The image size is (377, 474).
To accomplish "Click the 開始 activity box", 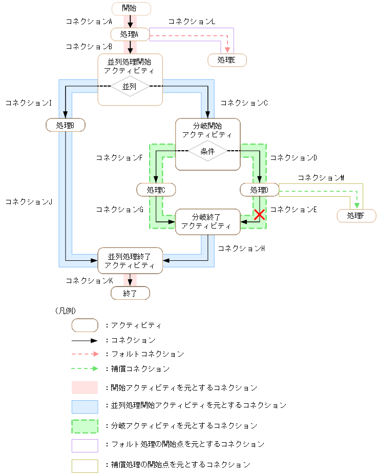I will (131, 8).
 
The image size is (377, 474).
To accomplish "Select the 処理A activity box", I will (130, 34).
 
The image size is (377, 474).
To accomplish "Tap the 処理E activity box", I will (227, 60).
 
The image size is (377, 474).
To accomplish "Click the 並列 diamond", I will (130, 87).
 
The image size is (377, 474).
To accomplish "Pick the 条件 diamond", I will (207, 151).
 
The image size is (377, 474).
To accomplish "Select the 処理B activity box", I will (65, 125).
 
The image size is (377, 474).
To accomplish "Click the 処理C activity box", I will (156, 190).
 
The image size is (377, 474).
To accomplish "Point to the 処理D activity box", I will (259, 190).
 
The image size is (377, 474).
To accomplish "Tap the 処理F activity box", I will (356, 216).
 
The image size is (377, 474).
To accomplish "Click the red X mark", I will (259, 215).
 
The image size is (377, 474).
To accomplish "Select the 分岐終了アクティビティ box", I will (207, 221).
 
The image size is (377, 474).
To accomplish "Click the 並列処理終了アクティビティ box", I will (130, 260).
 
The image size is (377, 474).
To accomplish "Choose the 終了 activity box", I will (130, 293).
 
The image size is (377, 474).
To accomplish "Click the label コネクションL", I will (191, 22).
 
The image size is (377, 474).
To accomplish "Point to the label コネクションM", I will (321, 177).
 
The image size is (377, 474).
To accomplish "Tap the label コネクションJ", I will (29, 202).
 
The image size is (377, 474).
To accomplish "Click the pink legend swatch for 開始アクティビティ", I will (85, 387).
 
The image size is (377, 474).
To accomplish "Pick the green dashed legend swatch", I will (85, 426).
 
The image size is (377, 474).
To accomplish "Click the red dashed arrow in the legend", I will (85, 354).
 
